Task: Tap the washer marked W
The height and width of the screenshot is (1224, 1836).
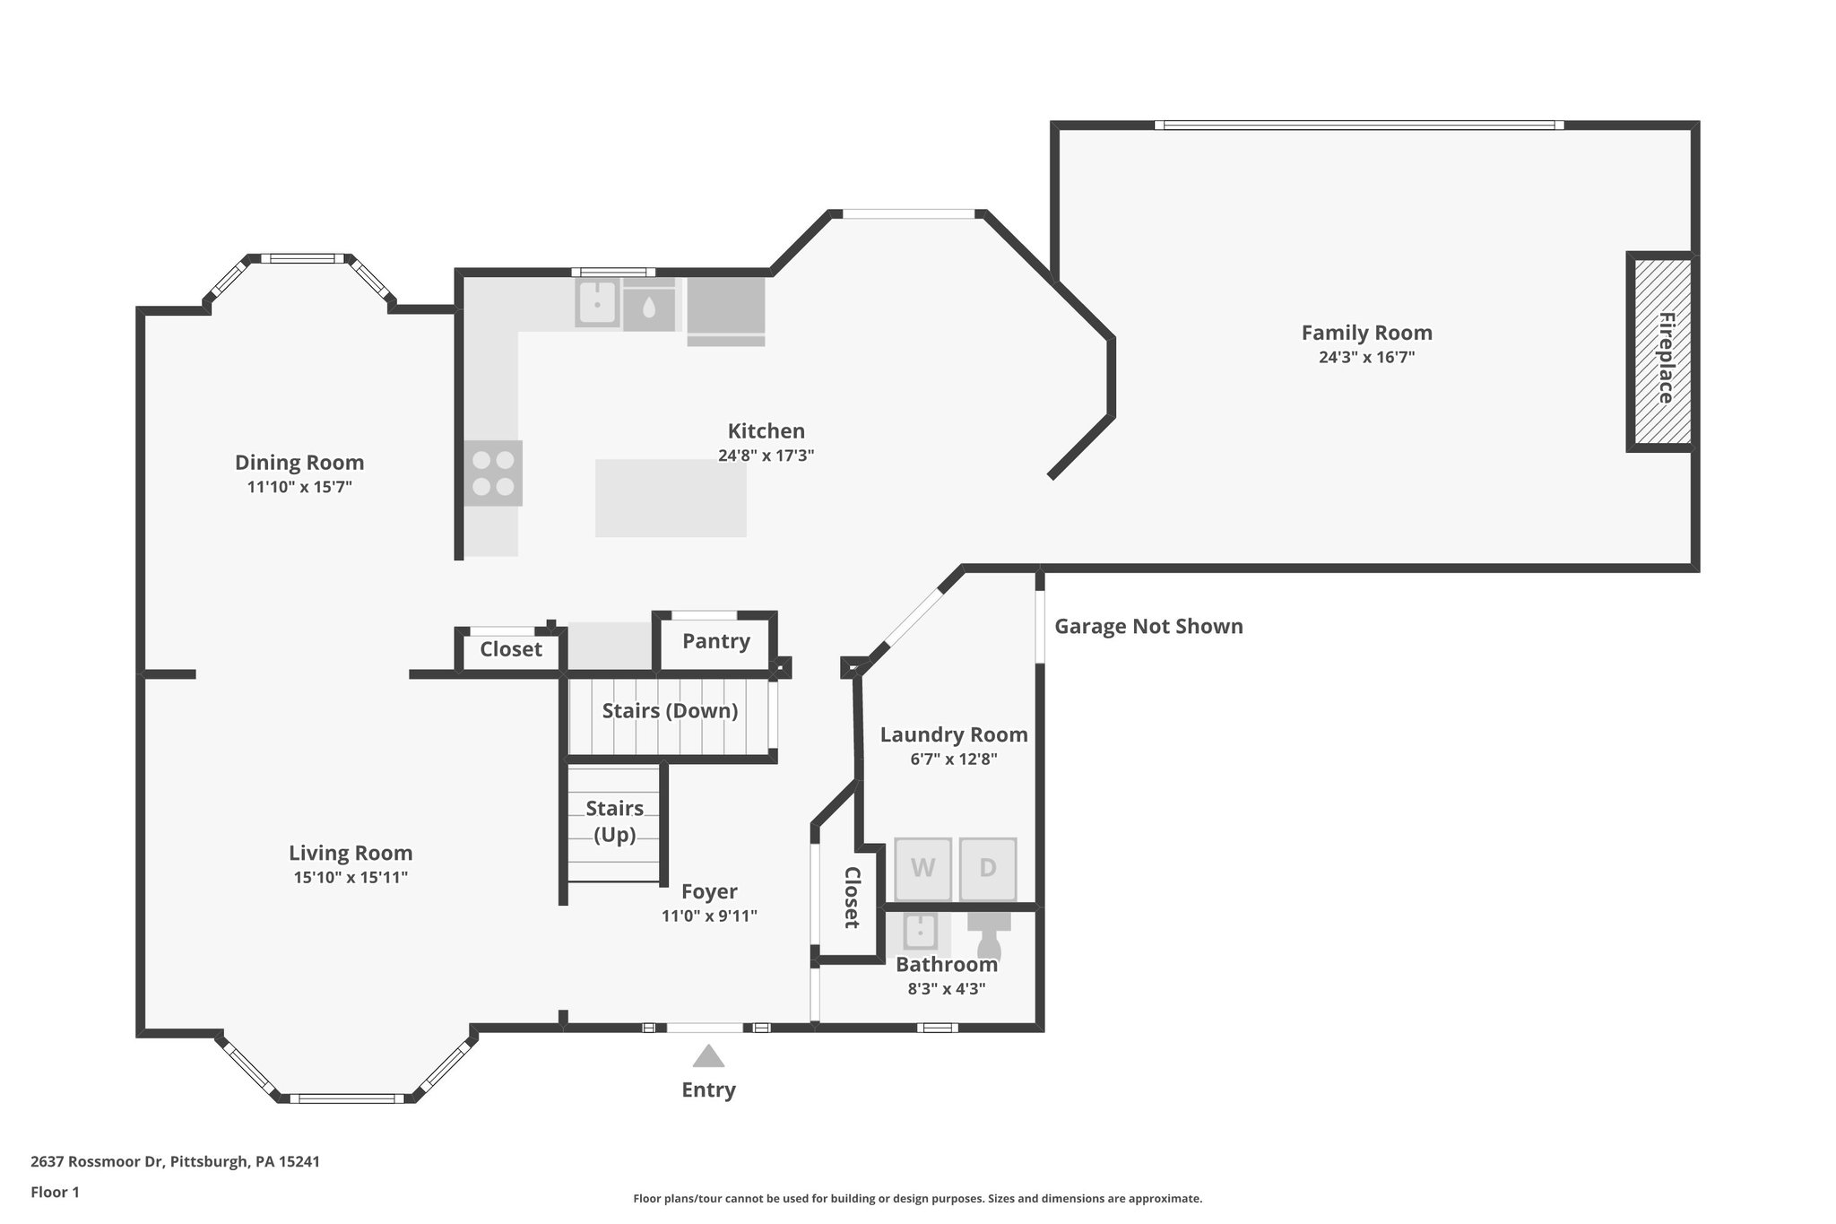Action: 922,869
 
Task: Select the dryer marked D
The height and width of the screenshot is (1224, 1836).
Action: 988,869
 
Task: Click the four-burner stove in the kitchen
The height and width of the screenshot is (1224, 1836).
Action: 493,473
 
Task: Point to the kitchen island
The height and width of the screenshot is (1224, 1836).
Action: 671,498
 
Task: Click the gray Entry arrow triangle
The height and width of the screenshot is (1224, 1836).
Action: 708,1056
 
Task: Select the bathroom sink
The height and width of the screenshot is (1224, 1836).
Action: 920,932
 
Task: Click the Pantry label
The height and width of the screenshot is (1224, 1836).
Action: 715,641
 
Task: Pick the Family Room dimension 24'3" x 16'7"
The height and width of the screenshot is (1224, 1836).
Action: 1366,357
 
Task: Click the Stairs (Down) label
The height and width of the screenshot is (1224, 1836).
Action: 670,711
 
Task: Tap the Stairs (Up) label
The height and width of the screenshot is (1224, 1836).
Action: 614,821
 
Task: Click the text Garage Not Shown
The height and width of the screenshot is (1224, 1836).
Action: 1148,627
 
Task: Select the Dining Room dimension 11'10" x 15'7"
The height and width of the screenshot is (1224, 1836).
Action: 299,487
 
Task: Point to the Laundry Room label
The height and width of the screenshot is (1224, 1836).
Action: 954,735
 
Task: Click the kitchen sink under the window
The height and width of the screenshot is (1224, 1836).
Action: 597,302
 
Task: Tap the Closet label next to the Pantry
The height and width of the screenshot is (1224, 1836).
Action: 510,649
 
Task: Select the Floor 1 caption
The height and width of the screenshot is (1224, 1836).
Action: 55,1192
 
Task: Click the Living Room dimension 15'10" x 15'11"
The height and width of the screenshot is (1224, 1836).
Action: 351,877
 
